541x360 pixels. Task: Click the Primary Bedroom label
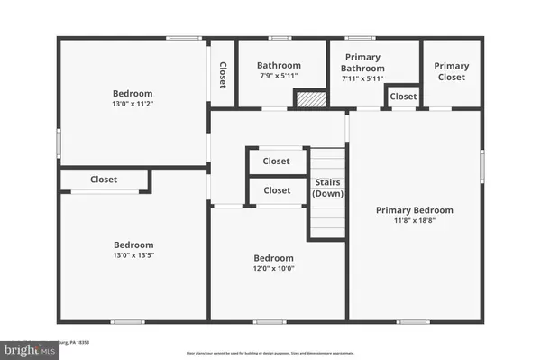point(414,210)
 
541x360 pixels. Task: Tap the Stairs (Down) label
point(328,189)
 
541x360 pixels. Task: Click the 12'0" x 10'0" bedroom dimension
point(273,268)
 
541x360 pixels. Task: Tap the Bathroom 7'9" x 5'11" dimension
point(279,77)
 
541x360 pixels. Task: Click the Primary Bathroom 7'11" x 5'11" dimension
point(362,78)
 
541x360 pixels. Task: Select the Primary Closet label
point(451,71)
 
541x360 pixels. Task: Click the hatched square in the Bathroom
point(310,99)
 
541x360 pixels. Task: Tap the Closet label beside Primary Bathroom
point(403,97)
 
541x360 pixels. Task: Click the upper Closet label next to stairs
point(277,162)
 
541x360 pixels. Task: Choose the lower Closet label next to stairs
point(277,190)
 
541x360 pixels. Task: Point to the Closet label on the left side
point(104,180)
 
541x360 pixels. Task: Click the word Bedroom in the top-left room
point(133,93)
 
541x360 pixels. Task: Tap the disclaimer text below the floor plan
point(270,352)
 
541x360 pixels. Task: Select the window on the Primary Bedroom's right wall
point(481,164)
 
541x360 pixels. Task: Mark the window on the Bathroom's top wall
point(280,38)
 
